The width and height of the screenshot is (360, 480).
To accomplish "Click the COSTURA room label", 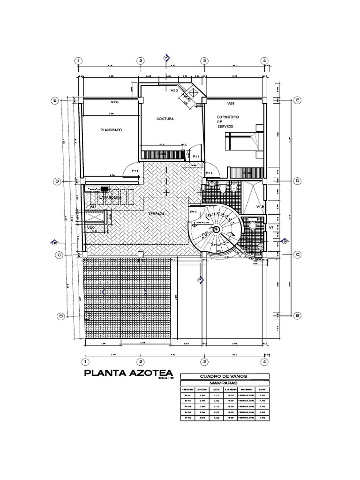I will click(x=165, y=119).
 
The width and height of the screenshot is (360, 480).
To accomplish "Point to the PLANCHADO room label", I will click(x=111, y=130).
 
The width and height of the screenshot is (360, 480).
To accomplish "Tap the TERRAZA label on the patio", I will click(x=157, y=213).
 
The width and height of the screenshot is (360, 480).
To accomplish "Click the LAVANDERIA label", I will click(x=110, y=198).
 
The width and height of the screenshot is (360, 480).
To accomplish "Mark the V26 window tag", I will click(x=115, y=102).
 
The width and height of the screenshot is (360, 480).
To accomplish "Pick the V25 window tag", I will click(x=231, y=103).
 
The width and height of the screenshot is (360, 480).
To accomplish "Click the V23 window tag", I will click(x=174, y=90).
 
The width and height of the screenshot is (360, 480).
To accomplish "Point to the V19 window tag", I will click(x=260, y=206).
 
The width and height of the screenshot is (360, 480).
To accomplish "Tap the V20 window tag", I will click(x=91, y=227).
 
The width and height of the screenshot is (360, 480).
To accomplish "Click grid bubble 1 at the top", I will click(x=79, y=61).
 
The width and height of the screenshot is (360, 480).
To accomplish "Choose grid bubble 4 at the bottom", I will click(x=264, y=362).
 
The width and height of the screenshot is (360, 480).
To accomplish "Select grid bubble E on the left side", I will click(x=55, y=100).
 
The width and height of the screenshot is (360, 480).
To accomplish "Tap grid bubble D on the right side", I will click(x=297, y=181).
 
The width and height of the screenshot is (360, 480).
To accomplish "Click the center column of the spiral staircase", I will click(x=216, y=229).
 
